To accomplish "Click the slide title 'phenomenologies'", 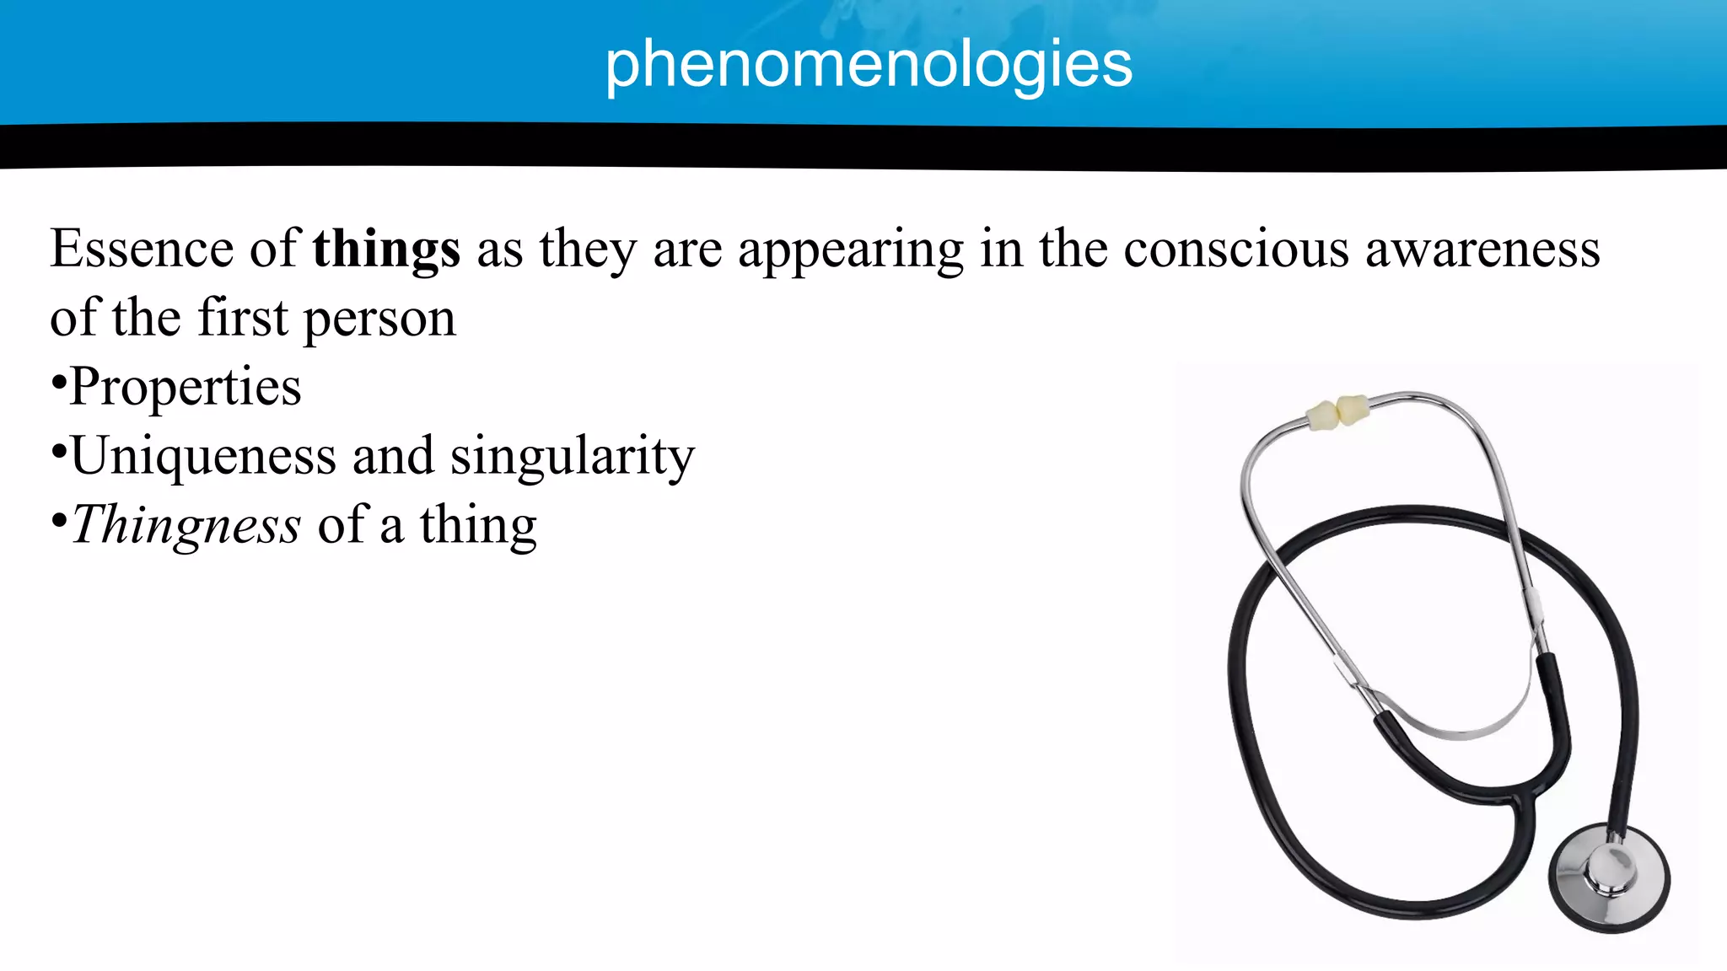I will [868, 65].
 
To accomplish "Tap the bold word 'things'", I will [386, 249].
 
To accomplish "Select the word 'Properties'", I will [186, 388].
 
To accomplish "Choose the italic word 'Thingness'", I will [186, 526].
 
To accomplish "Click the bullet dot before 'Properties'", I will [58, 384].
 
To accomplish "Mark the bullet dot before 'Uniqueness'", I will [58, 453].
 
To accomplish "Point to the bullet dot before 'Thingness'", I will [58, 523].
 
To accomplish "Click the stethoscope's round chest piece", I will [1609, 877].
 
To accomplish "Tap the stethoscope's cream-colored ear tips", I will [1337, 411].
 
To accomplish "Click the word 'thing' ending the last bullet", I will [478, 526].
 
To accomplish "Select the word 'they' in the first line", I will [588, 249].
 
